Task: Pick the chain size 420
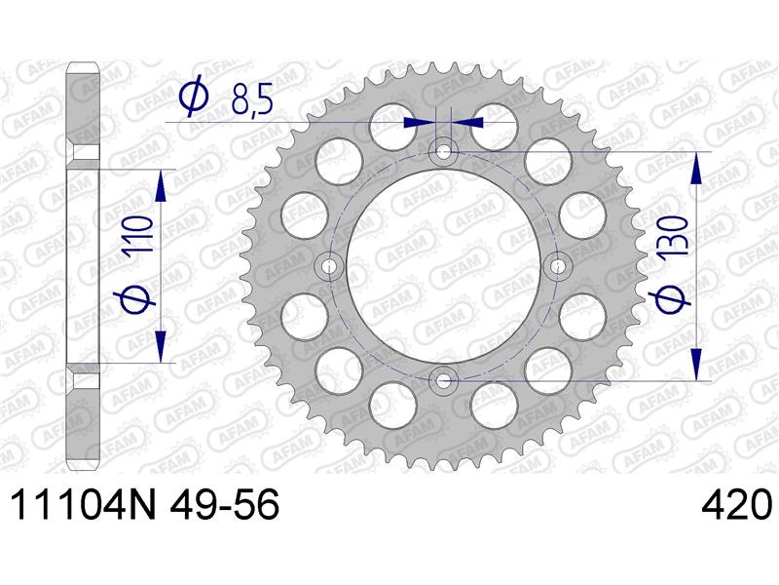pyautogui.click(x=737, y=507)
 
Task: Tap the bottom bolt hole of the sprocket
pyautogui.click(x=445, y=380)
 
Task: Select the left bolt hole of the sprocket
pyautogui.click(x=330, y=266)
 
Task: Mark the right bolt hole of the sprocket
pyautogui.click(x=560, y=266)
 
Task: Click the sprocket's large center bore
pyautogui.click(x=445, y=266)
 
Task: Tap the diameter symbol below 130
pyautogui.click(x=673, y=298)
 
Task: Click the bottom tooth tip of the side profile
pyautogui.click(x=83, y=466)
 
